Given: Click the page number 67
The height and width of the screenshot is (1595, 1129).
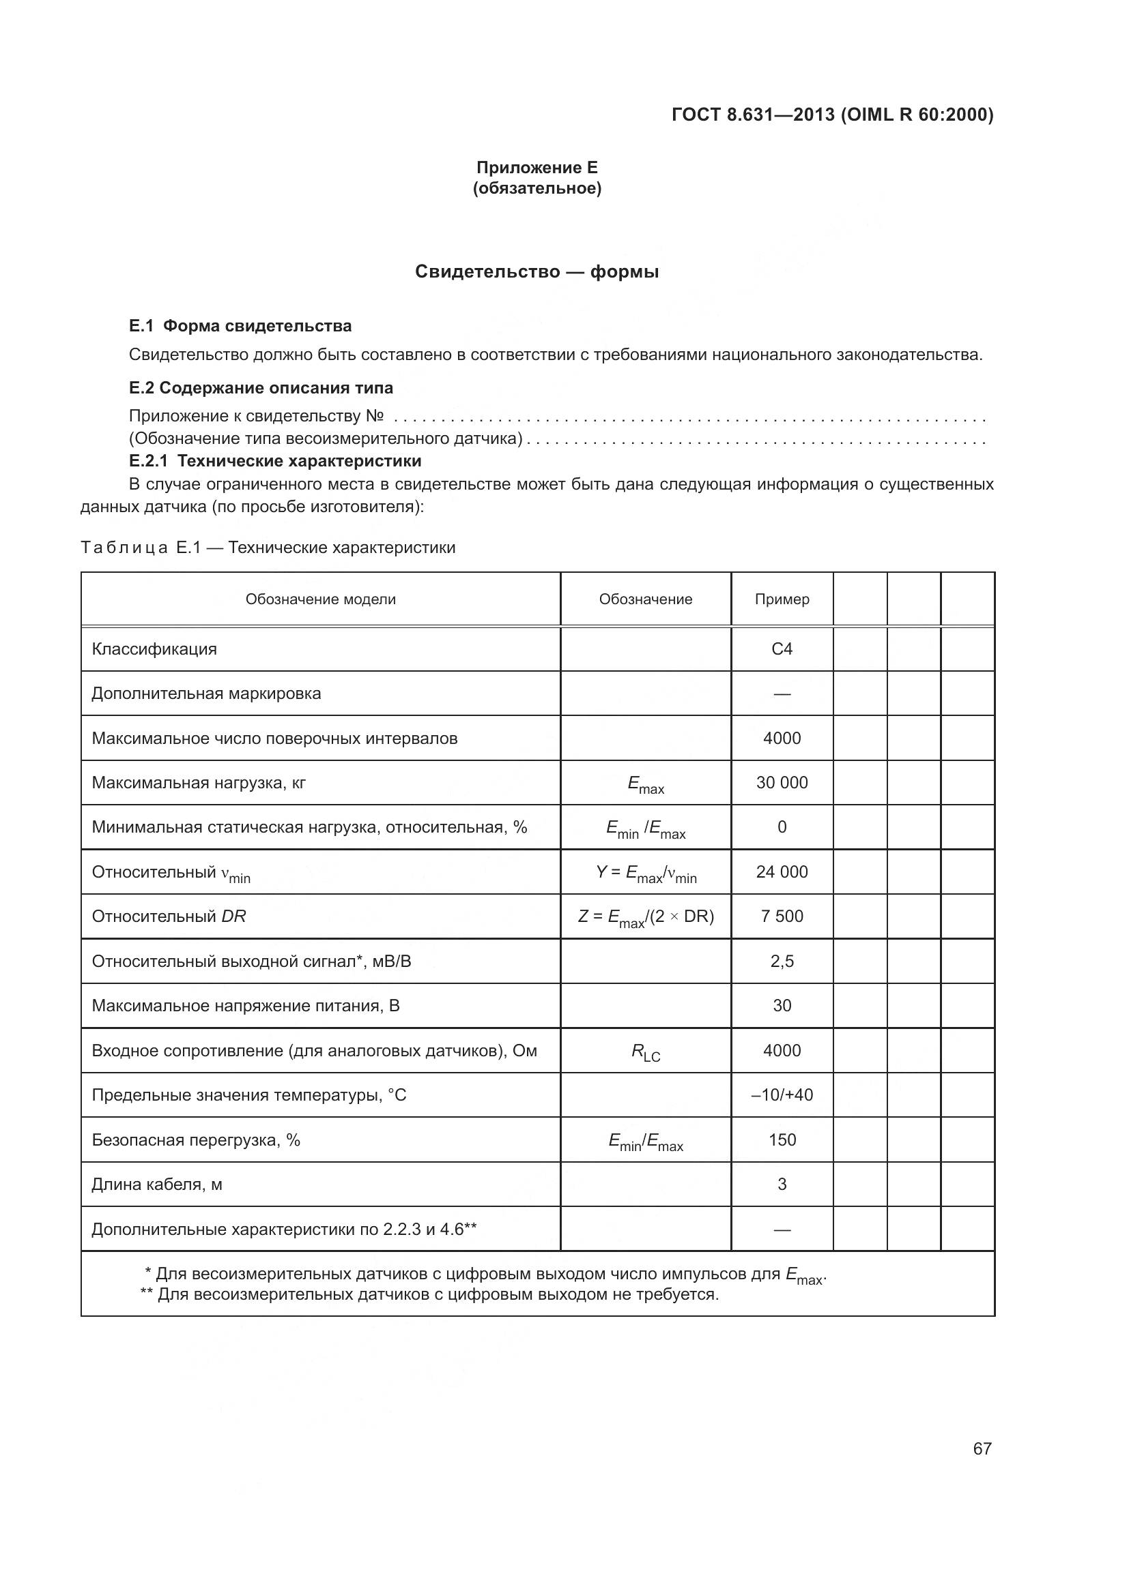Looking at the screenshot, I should [982, 1448].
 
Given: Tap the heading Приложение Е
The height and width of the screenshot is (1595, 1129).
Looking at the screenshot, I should [537, 168].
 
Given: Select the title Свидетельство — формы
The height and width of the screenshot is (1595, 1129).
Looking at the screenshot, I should [537, 271].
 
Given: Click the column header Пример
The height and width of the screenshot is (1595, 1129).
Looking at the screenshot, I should [782, 599].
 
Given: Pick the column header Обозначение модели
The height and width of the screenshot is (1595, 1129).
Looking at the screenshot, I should [321, 599].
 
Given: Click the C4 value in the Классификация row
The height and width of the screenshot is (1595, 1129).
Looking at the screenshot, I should [782, 649].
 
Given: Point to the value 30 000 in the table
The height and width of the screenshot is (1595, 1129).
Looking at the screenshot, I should [782, 783].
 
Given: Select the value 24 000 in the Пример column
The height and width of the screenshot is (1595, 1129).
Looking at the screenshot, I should [782, 872].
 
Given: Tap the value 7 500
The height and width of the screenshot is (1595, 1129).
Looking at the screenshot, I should [782, 916].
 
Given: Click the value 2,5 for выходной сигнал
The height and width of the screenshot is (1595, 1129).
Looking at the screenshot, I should [782, 962].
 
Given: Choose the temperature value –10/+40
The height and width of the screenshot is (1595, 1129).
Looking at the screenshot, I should [782, 1095].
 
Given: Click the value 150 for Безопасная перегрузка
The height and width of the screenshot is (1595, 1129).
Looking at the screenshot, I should [782, 1140].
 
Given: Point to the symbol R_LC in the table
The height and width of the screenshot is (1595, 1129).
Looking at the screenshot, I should [645, 1052].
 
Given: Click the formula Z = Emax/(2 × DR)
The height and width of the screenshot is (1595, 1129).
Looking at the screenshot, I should [645, 917].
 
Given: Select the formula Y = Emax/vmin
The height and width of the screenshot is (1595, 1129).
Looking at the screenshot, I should [645, 873].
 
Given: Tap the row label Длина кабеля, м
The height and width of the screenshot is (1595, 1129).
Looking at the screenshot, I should [157, 1184].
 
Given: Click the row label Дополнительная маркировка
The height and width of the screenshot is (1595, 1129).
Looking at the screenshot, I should [206, 694].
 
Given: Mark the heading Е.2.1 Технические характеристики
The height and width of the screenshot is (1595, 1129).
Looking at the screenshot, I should [275, 461].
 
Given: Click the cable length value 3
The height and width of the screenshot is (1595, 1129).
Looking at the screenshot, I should [782, 1184].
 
